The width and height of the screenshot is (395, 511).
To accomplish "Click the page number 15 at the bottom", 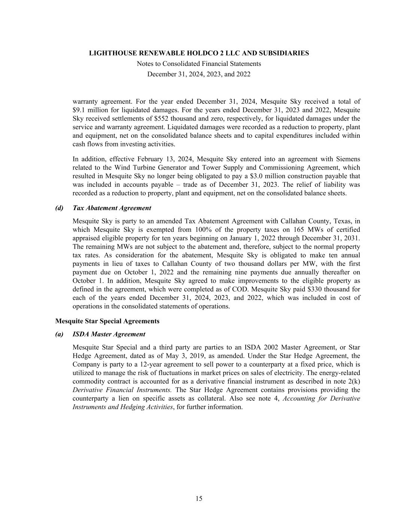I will [x=199, y=498].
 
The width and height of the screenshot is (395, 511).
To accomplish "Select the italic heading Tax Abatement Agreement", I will [x=112, y=208].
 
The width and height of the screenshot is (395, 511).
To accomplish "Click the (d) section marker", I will [x=59, y=208].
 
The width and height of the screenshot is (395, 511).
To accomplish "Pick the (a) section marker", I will [x=59, y=334].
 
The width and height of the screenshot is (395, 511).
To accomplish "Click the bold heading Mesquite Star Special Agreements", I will [x=107, y=321].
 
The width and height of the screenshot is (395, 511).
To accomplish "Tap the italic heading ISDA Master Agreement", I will [x=109, y=334].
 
